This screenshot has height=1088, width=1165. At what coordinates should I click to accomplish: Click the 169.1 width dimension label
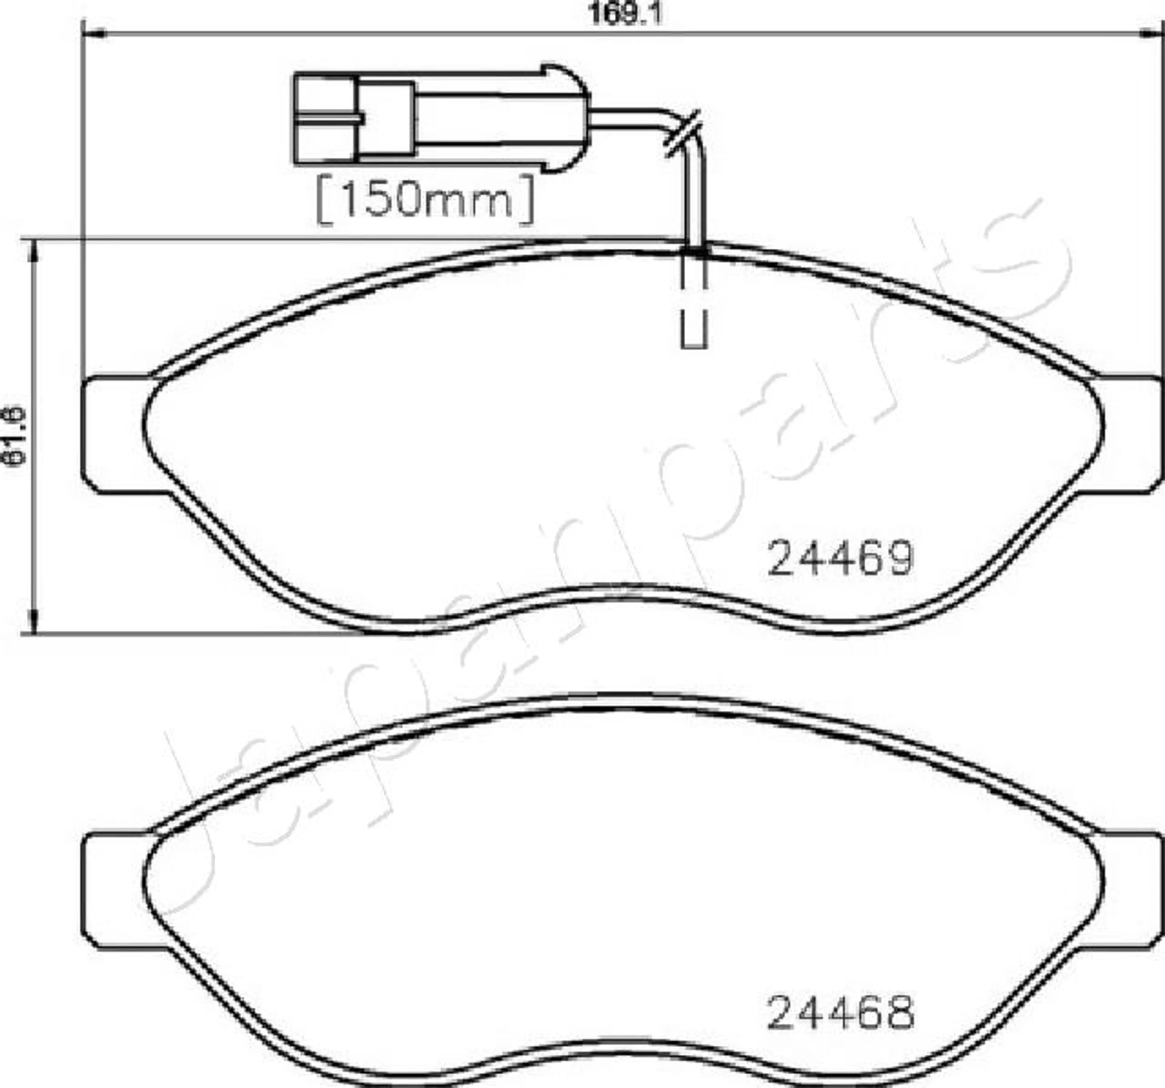(x=625, y=14)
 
